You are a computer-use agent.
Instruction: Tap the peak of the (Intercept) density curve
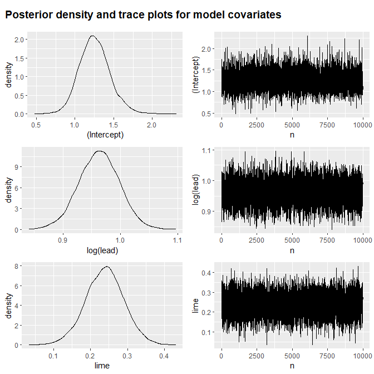pos(92,36)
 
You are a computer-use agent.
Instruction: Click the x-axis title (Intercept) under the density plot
pos(105,134)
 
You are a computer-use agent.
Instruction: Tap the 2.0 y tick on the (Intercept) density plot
pos(18,40)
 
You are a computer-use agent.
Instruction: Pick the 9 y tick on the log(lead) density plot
pos(20,166)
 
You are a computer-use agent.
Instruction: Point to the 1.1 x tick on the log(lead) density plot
pos(177,240)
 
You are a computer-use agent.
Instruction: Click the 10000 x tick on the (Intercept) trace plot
pos(362,125)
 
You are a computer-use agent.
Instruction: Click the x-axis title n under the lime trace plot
pos(292,365)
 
